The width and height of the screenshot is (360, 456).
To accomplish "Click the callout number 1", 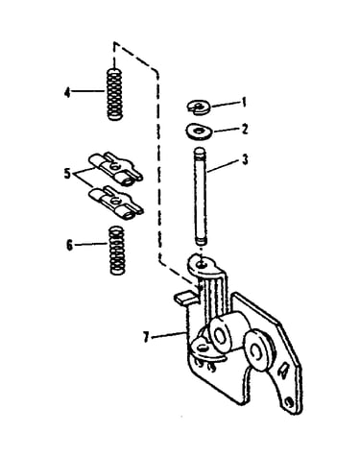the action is click(x=244, y=103).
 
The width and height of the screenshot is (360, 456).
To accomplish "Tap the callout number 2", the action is click(x=245, y=130).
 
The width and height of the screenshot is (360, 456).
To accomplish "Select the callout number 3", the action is click(x=245, y=159).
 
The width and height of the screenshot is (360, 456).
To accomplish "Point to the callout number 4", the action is click(x=67, y=93).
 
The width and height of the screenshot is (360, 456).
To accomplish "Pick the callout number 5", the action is click(x=67, y=174).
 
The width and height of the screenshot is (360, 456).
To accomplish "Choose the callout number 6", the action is click(x=69, y=246).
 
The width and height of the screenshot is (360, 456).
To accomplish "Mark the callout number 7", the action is click(x=146, y=337).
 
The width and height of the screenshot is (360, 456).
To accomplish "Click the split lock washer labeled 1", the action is click(x=199, y=107).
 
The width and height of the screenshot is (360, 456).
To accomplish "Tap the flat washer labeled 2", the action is click(x=199, y=132).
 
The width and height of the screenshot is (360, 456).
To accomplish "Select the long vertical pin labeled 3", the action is click(x=201, y=196).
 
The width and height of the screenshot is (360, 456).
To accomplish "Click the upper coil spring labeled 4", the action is click(x=114, y=94).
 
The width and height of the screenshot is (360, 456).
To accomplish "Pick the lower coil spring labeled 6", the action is click(x=116, y=251).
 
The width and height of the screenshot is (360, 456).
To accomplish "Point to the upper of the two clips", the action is click(x=115, y=168).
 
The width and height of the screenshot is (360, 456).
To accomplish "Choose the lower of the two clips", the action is click(x=116, y=203).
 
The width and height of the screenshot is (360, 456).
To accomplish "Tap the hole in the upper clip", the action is click(x=115, y=166).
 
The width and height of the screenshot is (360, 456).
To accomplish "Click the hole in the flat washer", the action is click(x=200, y=131).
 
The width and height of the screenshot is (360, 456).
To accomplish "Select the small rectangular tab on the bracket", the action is click(x=184, y=297).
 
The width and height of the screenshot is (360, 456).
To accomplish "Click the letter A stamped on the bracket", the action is click(x=283, y=371).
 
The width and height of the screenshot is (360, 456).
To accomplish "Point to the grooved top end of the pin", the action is click(x=201, y=152).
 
